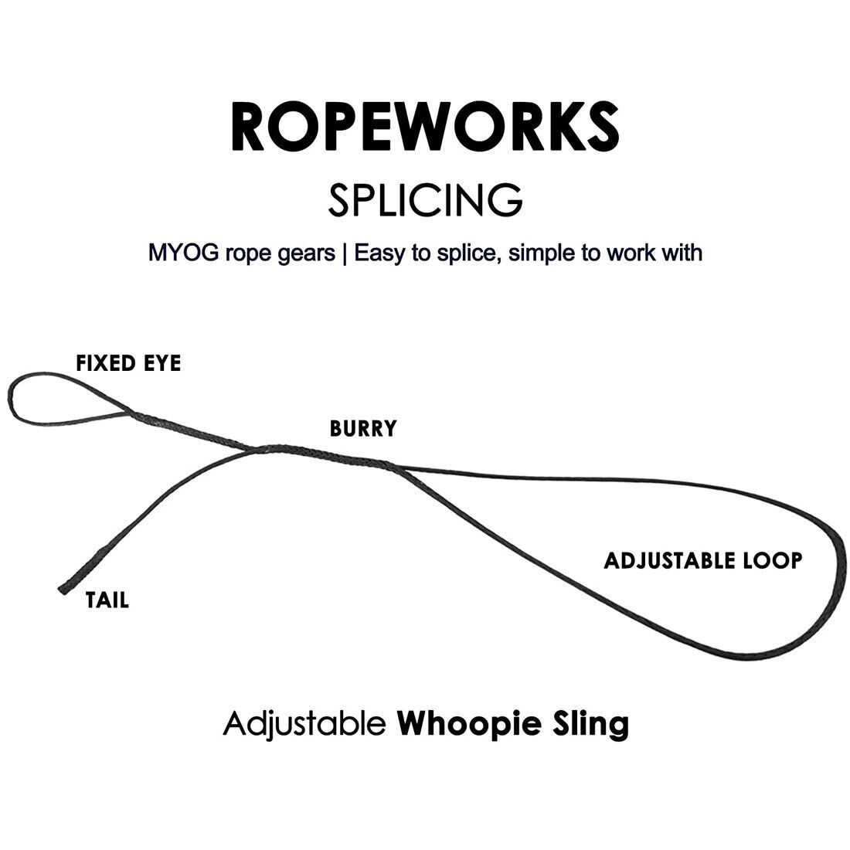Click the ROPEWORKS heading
pos(425,125)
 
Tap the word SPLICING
pos(425,199)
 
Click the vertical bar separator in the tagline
pos(344,253)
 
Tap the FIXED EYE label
pos(128,363)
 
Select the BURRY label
pos(362,429)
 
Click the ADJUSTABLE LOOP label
pos(702,560)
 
